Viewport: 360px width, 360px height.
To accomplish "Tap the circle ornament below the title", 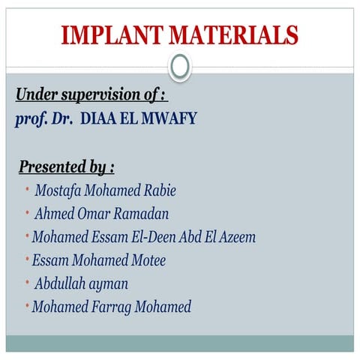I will [180, 68].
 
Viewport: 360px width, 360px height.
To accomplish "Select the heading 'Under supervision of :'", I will [91, 96].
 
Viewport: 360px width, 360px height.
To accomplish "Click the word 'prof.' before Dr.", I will [31, 120].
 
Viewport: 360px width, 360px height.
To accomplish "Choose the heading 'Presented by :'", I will [66, 166].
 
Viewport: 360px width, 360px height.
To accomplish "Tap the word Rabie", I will [157, 190].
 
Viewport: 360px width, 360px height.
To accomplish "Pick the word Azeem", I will [235, 237].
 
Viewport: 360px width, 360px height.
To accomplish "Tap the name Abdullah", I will [60, 283].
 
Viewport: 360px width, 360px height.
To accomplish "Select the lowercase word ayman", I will [109, 284].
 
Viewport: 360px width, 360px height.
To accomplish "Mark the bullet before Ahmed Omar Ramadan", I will [26, 213].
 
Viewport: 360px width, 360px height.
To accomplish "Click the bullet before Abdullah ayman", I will [26, 283].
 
